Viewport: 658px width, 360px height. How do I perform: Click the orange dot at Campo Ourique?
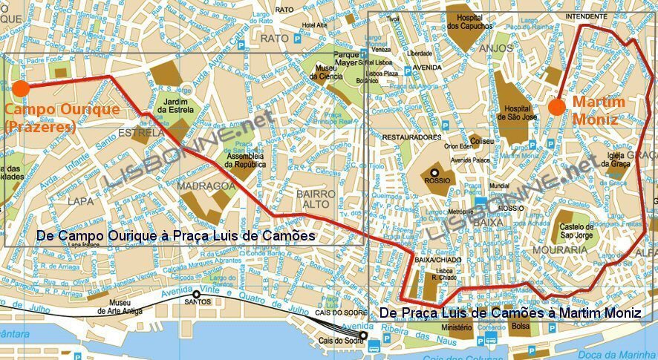[20, 88]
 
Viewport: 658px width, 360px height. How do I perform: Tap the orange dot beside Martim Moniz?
[556, 107]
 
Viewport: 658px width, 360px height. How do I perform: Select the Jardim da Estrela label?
[174, 106]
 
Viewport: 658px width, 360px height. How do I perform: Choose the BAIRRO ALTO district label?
[316, 199]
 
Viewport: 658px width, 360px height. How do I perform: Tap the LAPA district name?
[80, 200]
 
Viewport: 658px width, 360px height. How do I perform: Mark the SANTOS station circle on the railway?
[196, 294]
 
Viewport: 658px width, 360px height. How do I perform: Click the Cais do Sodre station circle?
[363, 336]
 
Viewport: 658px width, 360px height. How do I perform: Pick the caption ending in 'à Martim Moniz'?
[509, 314]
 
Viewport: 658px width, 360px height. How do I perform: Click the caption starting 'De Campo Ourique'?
[175, 236]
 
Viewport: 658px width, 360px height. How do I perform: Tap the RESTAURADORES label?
[412, 137]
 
